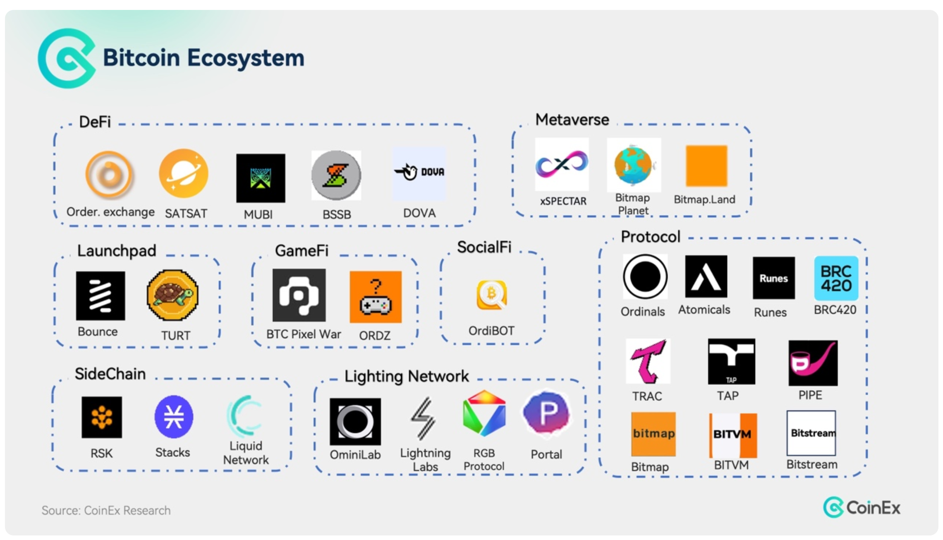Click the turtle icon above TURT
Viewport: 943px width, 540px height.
(x=172, y=295)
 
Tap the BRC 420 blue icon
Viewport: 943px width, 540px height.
(x=836, y=278)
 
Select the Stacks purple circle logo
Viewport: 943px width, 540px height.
(x=174, y=417)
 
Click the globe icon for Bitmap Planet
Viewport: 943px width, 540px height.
(x=633, y=165)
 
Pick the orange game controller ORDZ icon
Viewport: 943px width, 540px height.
(x=376, y=297)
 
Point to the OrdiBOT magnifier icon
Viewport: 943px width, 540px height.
(x=492, y=295)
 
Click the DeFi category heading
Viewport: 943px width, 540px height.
(x=95, y=122)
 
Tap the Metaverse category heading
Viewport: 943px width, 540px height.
(x=572, y=120)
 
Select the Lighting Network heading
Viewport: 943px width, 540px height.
(x=407, y=376)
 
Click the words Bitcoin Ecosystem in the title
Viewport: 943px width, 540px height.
(x=203, y=58)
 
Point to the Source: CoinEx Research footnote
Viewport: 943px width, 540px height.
(x=106, y=510)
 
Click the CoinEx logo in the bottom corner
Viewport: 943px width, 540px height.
(x=862, y=507)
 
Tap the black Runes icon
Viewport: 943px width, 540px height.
(x=773, y=278)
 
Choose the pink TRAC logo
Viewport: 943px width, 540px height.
(x=648, y=361)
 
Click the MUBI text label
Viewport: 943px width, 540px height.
(x=258, y=214)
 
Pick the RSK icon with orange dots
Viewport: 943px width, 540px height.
(x=102, y=417)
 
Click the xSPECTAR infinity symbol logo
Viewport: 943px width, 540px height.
(x=562, y=164)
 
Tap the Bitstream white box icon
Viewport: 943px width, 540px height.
(x=811, y=433)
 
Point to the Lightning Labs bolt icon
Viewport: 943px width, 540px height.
(x=424, y=418)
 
